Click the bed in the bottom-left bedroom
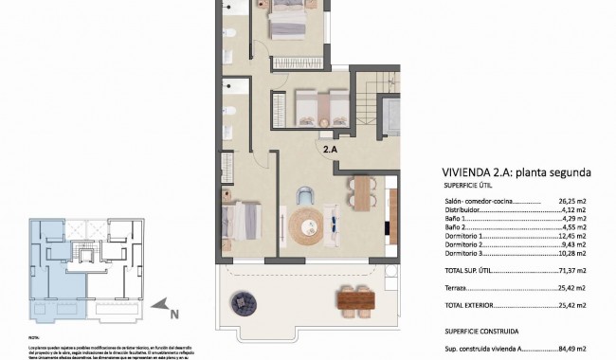(x=242, y=221)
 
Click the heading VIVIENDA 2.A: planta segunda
(x=517, y=173)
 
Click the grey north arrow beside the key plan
(x=163, y=305)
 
